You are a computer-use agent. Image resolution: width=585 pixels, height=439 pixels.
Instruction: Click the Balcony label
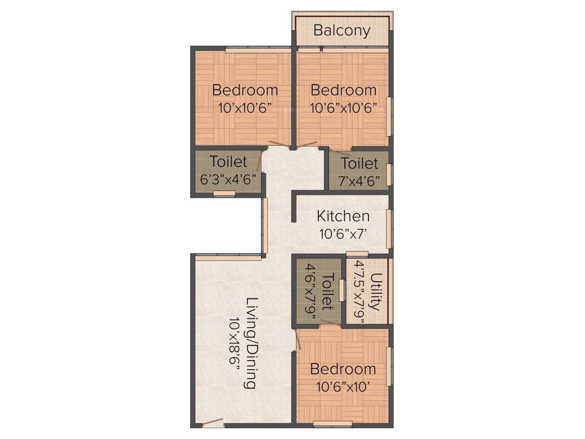pos(342,30)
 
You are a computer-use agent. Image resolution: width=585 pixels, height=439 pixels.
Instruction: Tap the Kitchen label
pos(343,216)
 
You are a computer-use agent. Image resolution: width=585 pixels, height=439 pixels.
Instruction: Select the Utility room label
pos(375,292)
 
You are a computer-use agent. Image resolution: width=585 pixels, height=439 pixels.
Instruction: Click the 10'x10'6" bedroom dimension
pos(245,107)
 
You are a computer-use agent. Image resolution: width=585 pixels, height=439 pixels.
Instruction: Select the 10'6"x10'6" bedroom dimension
pos(343,107)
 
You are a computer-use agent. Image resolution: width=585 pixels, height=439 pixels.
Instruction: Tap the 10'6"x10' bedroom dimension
pos(343,386)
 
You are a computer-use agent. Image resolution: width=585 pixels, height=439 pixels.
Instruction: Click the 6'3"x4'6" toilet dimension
pos(227,178)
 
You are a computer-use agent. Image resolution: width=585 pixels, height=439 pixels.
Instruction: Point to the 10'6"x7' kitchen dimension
pos(343,233)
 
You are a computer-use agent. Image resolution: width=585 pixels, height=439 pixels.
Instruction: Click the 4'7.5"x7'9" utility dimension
pos(360,292)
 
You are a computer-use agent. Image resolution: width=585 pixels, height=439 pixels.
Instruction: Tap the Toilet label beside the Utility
pos(327,292)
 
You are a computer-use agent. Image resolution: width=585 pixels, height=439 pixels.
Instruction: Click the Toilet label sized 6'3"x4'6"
pos(228,162)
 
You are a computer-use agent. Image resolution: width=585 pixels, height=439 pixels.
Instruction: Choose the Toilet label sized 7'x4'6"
pos(359,163)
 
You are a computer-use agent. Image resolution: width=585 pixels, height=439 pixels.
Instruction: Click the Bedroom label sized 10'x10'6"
pos(245,90)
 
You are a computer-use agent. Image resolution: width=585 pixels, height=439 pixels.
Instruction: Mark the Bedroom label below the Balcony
pos(343,90)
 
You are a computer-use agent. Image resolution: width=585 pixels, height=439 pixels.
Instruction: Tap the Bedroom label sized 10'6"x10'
pos(343,369)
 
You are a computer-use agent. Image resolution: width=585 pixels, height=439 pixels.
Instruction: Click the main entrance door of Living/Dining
pos(213,423)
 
